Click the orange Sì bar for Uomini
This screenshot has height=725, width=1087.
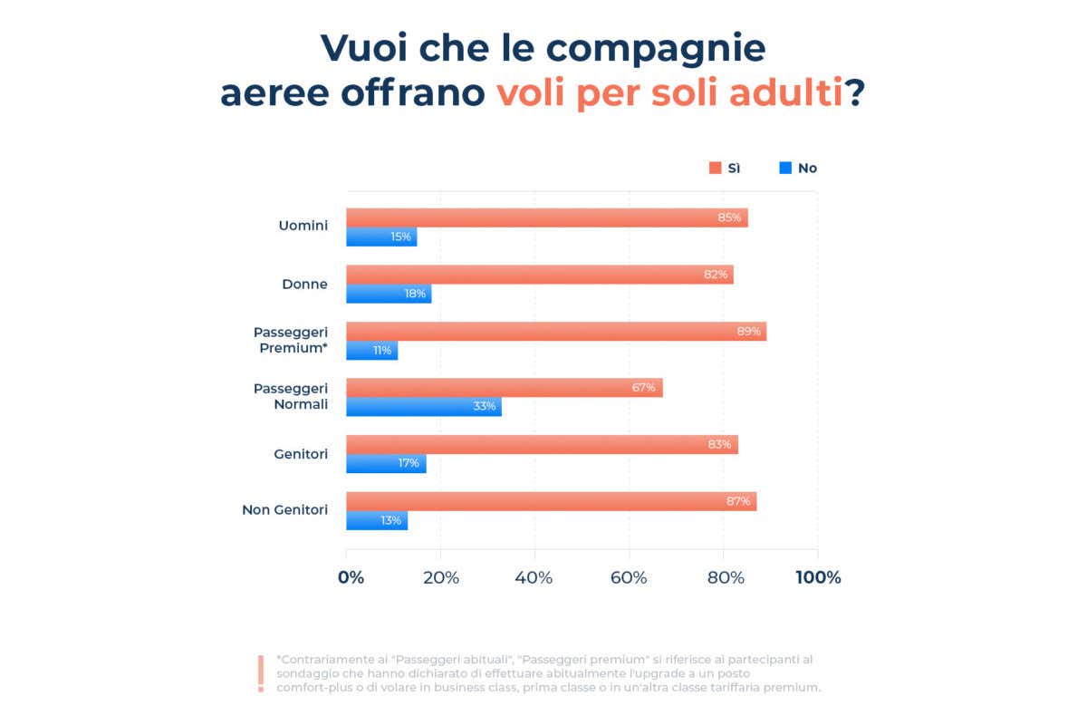(x=546, y=217)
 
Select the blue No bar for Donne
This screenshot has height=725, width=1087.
(x=389, y=294)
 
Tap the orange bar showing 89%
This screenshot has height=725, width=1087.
(x=555, y=331)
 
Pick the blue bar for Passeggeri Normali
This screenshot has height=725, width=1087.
(x=423, y=407)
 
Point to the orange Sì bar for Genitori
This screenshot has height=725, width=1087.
(x=542, y=444)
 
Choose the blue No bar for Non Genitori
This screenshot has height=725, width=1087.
(x=377, y=520)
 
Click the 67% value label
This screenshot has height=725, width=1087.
(x=643, y=388)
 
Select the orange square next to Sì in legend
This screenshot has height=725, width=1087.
(x=715, y=168)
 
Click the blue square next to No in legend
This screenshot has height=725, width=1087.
(x=785, y=168)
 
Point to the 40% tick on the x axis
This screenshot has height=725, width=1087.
(x=534, y=577)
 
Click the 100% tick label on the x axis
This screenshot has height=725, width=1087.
(x=818, y=577)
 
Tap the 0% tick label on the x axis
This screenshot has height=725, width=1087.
(x=351, y=577)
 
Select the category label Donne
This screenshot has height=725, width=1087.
(x=304, y=285)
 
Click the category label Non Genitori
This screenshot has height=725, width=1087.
(x=284, y=510)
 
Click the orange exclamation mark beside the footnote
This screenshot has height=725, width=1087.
(x=261, y=673)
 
